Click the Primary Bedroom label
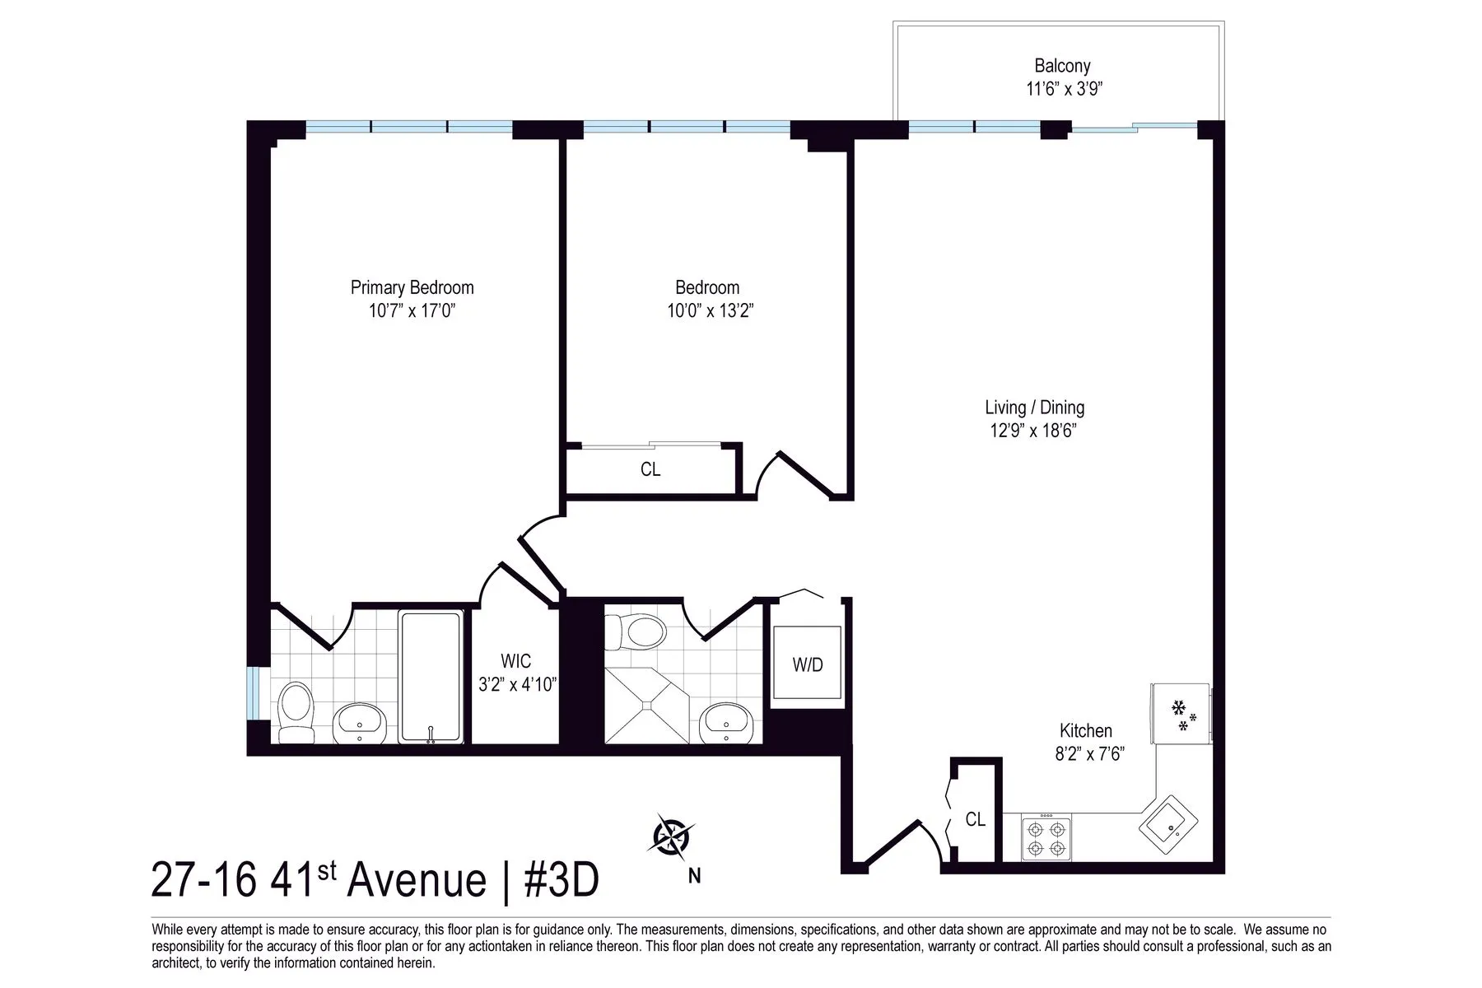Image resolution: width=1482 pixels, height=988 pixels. pyautogui.click(x=412, y=287)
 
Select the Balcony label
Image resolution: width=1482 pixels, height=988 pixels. pyautogui.click(x=1062, y=66)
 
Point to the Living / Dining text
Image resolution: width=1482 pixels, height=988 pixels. pyautogui.click(x=1034, y=408)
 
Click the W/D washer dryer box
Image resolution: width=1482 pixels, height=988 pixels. pyautogui.click(x=807, y=665)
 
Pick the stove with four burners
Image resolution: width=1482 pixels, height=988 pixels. pyautogui.click(x=1046, y=837)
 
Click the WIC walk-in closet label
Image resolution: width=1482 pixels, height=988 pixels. pyautogui.click(x=515, y=661)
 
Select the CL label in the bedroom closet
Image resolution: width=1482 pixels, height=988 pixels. pyautogui.click(x=650, y=470)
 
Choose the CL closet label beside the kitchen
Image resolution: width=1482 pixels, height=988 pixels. pyautogui.click(x=975, y=819)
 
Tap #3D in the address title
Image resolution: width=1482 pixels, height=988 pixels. pyautogui.click(x=561, y=880)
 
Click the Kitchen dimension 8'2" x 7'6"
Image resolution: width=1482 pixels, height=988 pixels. pyautogui.click(x=1089, y=753)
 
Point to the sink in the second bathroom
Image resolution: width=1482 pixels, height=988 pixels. pyautogui.click(x=725, y=721)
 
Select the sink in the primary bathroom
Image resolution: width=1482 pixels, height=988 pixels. pyautogui.click(x=359, y=723)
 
